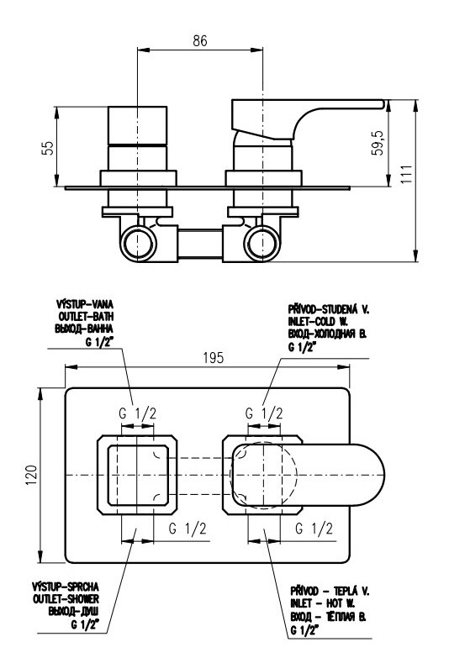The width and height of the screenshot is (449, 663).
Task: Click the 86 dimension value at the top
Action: tap(200, 40)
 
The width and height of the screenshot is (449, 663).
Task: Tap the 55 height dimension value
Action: tap(49, 148)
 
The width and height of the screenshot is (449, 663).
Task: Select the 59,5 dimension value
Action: tap(378, 143)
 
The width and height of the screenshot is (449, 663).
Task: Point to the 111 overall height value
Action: tap(406, 174)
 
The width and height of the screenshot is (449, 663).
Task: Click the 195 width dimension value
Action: tap(214, 358)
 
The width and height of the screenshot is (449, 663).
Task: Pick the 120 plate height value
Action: tap(32, 475)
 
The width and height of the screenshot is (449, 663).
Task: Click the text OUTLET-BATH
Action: tap(87, 316)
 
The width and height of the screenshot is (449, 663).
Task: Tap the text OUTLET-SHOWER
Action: tap(66, 599)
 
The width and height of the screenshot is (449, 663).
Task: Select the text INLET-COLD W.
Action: tap(318, 321)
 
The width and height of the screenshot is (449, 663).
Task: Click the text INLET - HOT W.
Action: tap(323, 603)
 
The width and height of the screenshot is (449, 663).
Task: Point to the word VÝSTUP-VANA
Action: tap(85, 304)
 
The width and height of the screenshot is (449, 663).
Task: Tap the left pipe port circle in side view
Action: tap(138, 244)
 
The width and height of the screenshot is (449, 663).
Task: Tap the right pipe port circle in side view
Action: tap(262, 244)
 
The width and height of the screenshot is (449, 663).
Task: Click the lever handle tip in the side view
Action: tap(383, 104)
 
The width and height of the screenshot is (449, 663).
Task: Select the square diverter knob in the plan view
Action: tap(137, 475)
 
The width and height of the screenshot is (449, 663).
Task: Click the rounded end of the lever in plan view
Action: tap(379, 475)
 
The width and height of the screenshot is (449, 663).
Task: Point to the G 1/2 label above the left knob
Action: tap(138, 413)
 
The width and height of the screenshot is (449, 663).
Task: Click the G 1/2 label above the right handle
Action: tap(264, 413)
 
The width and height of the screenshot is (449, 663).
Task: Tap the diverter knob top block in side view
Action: tap(138, 125)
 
